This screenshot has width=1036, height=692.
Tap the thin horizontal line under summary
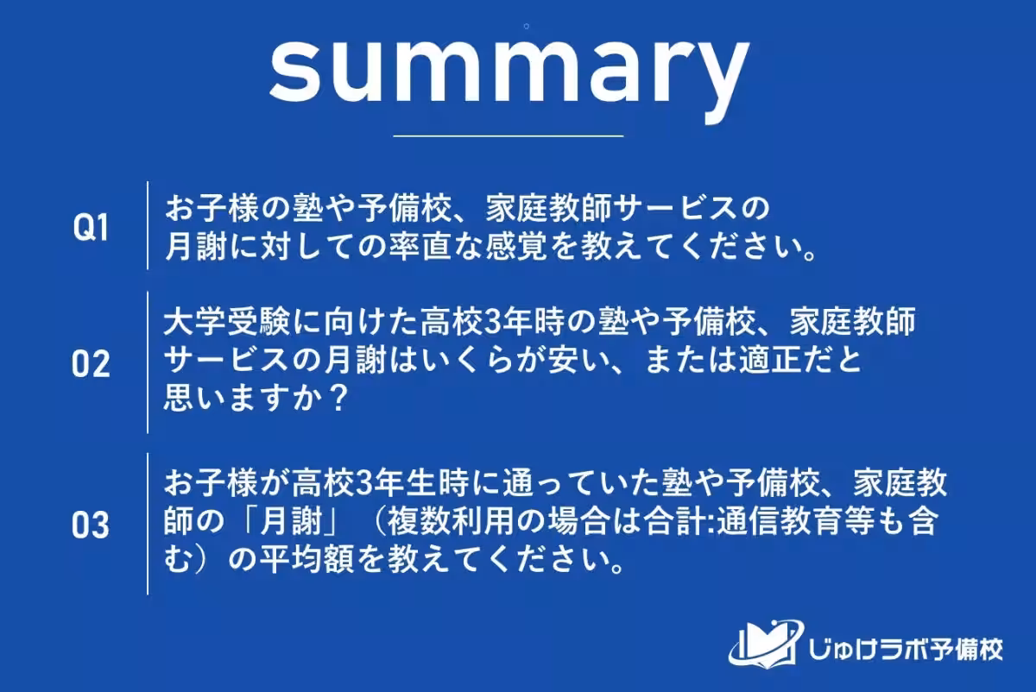[x=508, y=135]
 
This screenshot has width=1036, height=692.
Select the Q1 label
[x=91, y=228]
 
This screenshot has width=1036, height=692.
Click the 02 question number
[x=91, y=364]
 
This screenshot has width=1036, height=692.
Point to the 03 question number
[x=91, y=525]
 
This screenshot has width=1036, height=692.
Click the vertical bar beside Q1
[x=148, y=226]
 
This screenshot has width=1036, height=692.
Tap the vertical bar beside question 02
[x=148, y=362]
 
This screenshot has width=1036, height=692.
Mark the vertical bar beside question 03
[x=148, y=523]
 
